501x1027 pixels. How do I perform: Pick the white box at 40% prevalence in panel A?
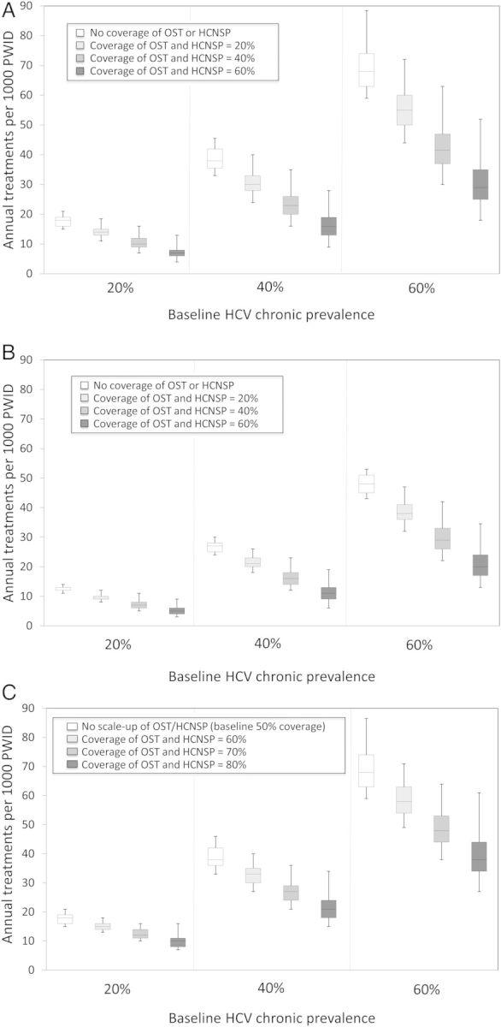(215, 158)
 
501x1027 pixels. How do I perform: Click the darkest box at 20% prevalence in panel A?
(176, 252)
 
